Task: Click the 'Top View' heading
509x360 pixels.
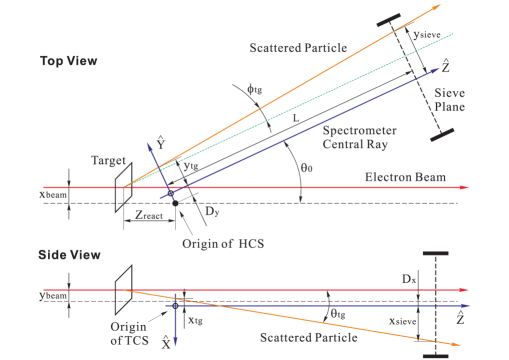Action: tap(67, 60)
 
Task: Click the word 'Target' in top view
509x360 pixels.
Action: tap(108, 158)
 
